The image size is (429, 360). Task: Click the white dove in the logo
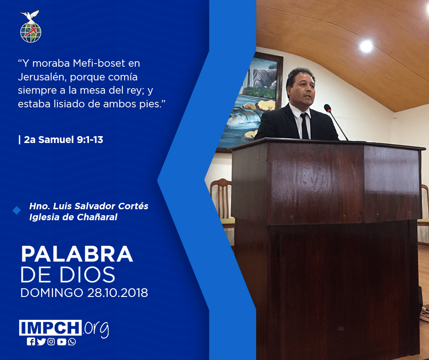tap(30, 16)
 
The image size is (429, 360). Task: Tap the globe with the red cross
tap(31, 32)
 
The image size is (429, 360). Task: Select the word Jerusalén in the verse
tap(42, 77)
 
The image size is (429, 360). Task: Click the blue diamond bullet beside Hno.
tap(17, 211)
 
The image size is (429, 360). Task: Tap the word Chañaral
tap(97, 217)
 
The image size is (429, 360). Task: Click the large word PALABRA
tap(77, 254)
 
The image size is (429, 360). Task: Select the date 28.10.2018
tap(118, 292)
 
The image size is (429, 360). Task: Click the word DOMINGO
tap(52, 292)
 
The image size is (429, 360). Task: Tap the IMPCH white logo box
tap(50, 328)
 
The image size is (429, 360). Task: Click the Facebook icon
tap(31, 342)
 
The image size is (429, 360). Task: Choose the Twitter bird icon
tap(41, 342)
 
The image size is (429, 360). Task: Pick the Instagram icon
tap(51, 342)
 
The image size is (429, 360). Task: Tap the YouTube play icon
tap(62, 342)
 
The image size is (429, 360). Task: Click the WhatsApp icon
tap(72, 342)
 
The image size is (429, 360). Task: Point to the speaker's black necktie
tap(304, 126)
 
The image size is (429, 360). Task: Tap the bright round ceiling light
tap(366, 46)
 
